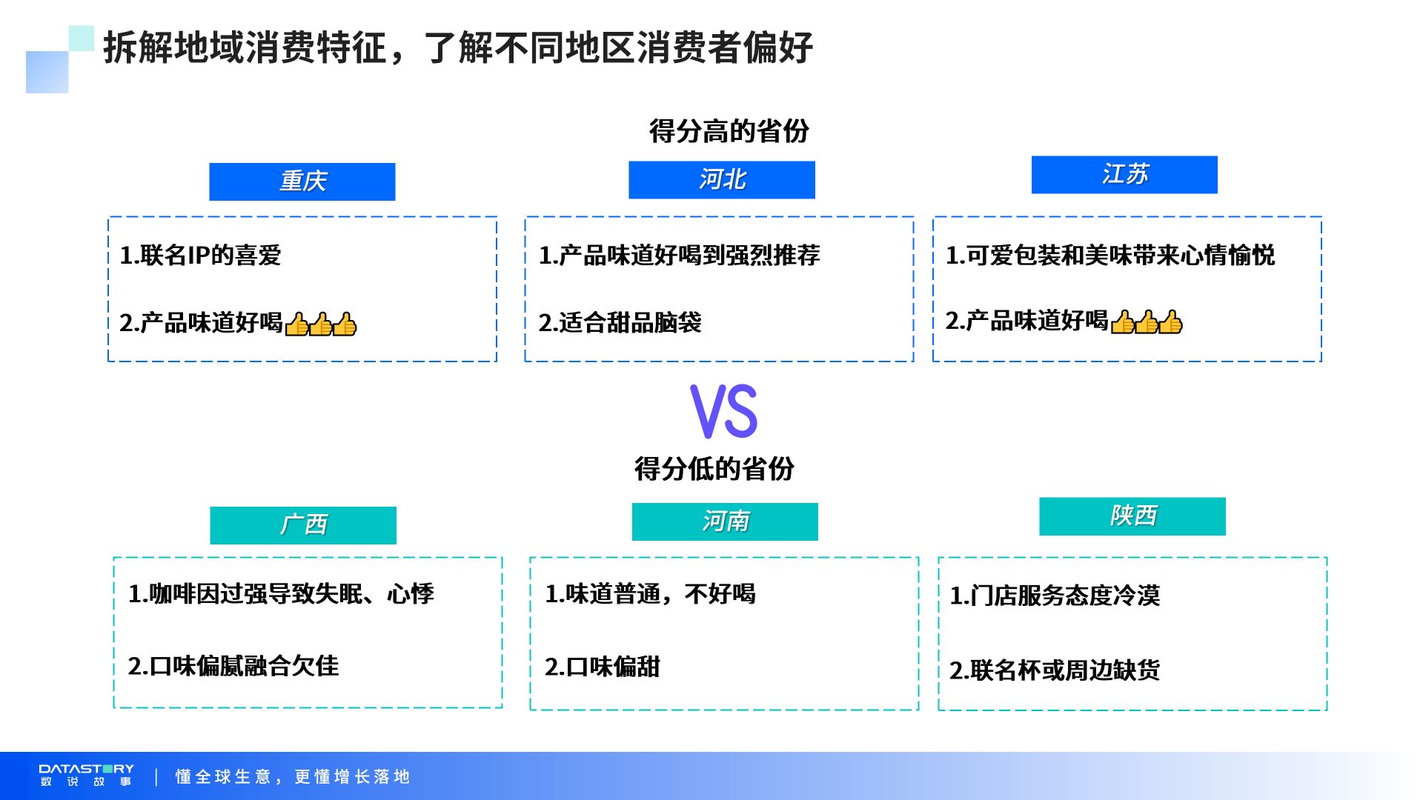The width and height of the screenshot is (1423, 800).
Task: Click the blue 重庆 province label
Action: pyautogui.click(x=302, y=181)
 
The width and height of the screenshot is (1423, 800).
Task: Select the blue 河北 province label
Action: pyautogui.click(x=722, y=180)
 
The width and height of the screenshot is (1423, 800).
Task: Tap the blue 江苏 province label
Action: pyautogui.click(x=1124, y=175)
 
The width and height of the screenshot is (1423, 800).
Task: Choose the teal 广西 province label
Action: pyautogui.click(x=303, y=525)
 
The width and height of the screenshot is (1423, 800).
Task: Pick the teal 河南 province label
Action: pyautogui.click(x=725, y=521)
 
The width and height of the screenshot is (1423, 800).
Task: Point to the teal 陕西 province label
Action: pyautogui.click(x=1132, y=516)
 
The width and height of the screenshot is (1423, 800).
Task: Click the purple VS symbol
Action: pyautogui.click(x=724, y=411)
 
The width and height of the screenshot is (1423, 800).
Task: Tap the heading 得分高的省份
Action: pyautogui.click(x=729, y=131)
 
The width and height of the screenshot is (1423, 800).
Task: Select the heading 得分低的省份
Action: pyautogui.click(x=714, y=469)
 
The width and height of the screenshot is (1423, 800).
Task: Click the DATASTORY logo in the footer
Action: pyautogui.click(x=86, y=775)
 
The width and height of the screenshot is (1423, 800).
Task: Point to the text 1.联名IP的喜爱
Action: pyautogui.click(x=200, y=256)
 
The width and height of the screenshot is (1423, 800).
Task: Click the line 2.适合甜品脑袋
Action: pyautogui.click(x=620, y=323)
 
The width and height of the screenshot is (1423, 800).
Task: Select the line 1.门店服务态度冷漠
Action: pyautogui.click(x=1055, y=596)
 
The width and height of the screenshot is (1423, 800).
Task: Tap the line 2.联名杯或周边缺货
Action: pyautogui.click(x=1055, y=670)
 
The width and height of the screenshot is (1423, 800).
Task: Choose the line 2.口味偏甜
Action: pyautogui.click(x=602, y=667)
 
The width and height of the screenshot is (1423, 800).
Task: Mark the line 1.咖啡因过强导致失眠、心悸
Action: pyautogui.click(x=281, y=594)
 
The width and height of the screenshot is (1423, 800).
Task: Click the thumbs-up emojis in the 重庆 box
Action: pyautogui.click(x=321, y=324)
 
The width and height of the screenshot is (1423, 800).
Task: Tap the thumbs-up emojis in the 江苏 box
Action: pyautogui.click(x=1147, y=322)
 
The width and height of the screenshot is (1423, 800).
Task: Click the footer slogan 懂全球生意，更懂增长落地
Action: pyautogui.click(x=293, y=776)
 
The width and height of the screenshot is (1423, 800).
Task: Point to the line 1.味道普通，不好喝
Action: pyautogui.click(x=650, y=594)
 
